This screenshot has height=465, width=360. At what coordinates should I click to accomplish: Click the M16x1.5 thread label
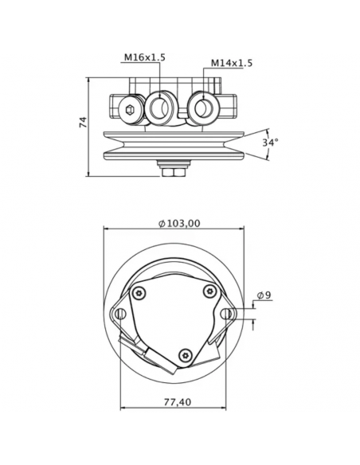pyautogui.click(x=144, y=57)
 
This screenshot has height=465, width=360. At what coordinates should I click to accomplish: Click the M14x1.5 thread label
pyautogui.click(x=232, y=63)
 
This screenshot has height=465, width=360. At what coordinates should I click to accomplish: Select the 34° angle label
pyautogui.click(x=270, y=143)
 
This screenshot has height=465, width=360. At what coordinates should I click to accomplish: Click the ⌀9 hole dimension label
pyautogui.click(x=263, y=296)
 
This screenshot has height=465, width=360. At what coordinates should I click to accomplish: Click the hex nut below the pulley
pyautogui.click(x=172, y=168)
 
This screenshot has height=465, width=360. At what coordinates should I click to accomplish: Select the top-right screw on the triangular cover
pyautogui.click(x=209, y=291)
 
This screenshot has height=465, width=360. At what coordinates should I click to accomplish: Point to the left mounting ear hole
pyautogui.click(x=121, y=315)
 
